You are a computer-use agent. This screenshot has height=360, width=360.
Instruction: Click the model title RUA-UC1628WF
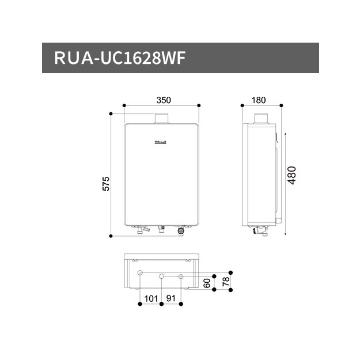[x=120, y=58]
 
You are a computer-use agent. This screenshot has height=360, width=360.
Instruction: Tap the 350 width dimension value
[x=164, y=100]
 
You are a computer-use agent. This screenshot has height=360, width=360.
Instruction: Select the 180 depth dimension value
[x=259, y=100]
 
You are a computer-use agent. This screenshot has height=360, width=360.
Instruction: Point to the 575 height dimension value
[x=106, y=184]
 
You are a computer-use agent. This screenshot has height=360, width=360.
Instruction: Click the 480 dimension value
[x=292, y=175]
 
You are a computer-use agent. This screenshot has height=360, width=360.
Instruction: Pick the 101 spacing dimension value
[x=151, y=299]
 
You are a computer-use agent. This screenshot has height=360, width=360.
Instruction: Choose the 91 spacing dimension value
[x=171, y=298]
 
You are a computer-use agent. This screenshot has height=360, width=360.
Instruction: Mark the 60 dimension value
[x=207, y=283]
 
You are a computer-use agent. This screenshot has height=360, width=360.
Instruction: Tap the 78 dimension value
[x=226, y=282]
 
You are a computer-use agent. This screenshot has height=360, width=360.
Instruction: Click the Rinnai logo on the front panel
[x=160, y=142]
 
